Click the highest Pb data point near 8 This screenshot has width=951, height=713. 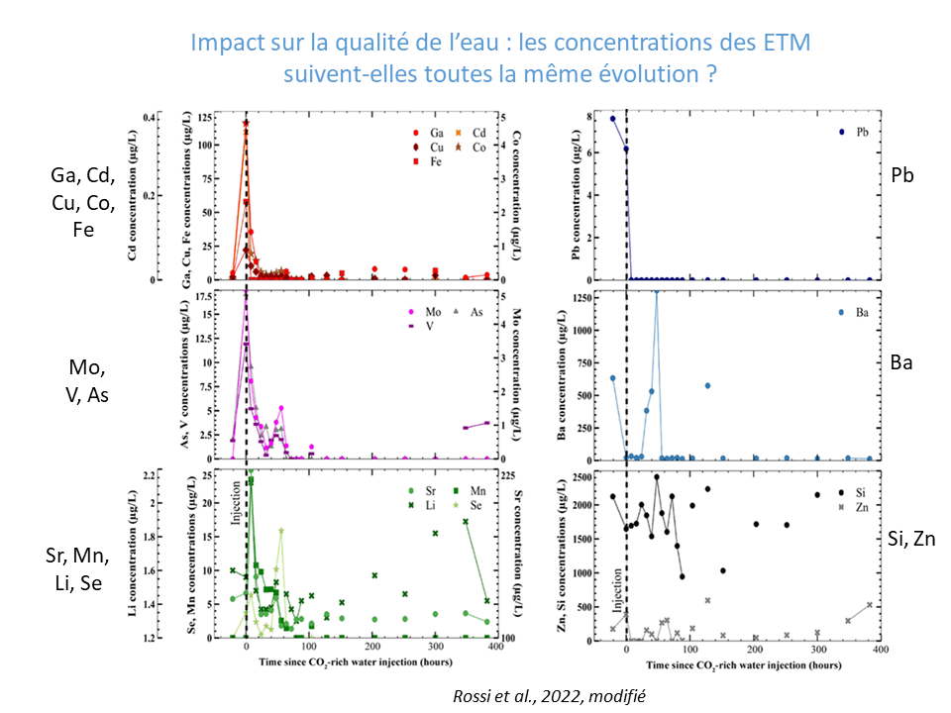tap(612, 119)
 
